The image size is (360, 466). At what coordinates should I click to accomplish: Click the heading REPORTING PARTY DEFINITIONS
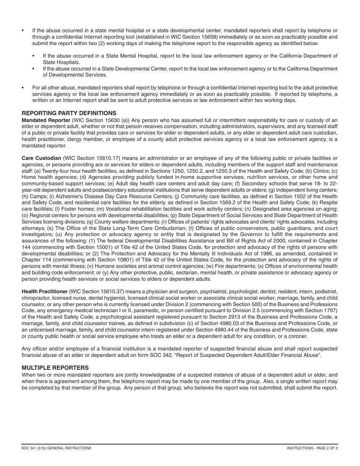tap(69, 113)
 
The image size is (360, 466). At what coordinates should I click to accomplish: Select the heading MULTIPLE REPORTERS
tap(55, 367)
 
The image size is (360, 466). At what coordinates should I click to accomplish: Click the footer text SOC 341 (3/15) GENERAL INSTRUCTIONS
tap(56, 448)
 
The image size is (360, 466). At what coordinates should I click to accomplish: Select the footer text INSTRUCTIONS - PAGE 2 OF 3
tap(312, 448)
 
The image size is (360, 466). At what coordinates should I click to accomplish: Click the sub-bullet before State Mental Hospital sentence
tap(34, 56)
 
